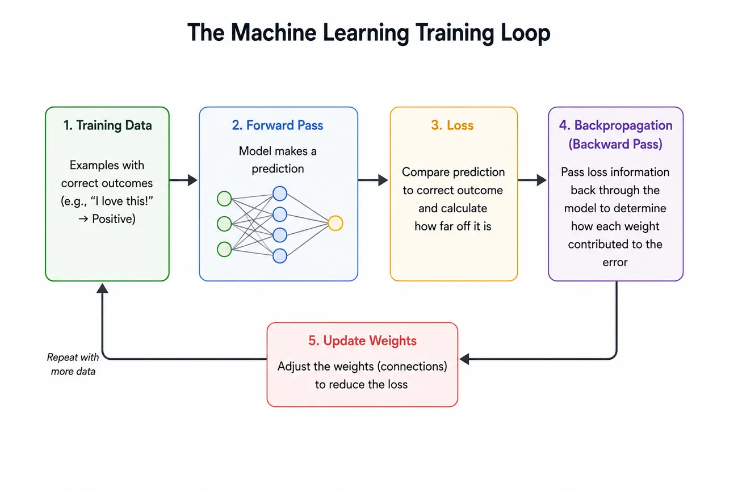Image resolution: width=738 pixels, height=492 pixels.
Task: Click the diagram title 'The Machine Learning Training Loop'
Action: click(x=368, y=33)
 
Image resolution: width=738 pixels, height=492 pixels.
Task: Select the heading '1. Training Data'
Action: click(x=107, y=125)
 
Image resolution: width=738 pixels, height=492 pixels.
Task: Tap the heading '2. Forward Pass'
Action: click(x=278, y=125)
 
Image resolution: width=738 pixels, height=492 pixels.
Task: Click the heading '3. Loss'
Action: click(x=452, y=125)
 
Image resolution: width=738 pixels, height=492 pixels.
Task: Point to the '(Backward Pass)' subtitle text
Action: click(x=615, y=144)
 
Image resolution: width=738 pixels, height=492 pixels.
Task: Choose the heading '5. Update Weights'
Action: click(x=362, y=340)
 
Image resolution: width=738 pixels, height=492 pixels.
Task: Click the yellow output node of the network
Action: click(x=336, y=223)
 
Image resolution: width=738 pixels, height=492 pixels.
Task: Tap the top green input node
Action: click(x=224, y=199)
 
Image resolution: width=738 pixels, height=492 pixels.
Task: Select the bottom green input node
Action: click(x=224, y=249)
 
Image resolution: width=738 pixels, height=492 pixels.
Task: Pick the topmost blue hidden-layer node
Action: click(x=280, y=194)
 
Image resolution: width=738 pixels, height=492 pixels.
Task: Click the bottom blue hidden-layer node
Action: click(x=280, y=256)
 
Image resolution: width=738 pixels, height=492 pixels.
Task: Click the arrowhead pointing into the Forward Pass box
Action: click(x=193, y=180)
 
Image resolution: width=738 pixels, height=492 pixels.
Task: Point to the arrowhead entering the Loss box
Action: click(x=383, y=180)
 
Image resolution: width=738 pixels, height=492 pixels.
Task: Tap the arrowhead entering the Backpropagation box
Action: click(x=542, y=180)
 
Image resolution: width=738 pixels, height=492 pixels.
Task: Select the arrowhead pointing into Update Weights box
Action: click(x=464, y=359)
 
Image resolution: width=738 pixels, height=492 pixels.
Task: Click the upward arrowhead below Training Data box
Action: click(x=102, y=288)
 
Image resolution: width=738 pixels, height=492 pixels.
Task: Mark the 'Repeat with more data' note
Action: click(x=73, y=364)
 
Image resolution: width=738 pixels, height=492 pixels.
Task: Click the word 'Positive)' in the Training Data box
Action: click(x=114, y=219)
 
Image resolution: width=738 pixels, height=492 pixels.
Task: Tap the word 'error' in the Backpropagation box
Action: click(x=615, y=263)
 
